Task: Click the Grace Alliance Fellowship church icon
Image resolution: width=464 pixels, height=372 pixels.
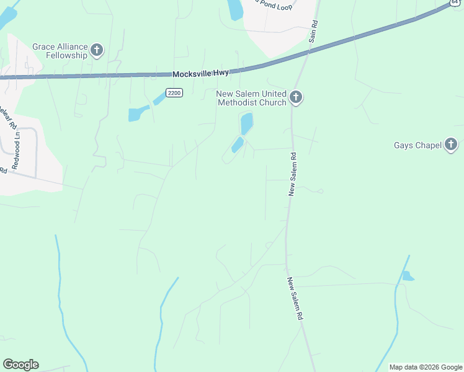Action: point(97,50)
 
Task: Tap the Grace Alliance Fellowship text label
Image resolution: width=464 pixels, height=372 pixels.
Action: point(61,50)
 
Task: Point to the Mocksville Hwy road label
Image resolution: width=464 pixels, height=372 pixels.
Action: point(200,73)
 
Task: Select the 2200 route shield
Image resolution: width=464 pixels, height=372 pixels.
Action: point(175,93)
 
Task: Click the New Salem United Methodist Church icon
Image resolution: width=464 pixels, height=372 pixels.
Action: point(296,97)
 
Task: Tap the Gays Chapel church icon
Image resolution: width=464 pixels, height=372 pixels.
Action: point(451,146)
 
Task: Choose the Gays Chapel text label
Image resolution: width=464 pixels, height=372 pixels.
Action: point(417,146)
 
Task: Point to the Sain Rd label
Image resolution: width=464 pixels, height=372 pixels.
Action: point(314,31)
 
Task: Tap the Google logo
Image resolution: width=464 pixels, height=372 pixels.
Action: point(20,365)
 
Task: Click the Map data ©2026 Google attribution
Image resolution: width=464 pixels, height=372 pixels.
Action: point(426,367)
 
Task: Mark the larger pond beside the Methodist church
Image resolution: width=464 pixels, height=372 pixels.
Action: point(246,123)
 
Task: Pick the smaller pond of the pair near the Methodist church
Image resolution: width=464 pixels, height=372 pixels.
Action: point(237,145)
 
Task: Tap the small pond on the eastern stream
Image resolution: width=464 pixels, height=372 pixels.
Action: point(407,276)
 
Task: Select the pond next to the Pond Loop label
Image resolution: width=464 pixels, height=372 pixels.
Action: point(235,9)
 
